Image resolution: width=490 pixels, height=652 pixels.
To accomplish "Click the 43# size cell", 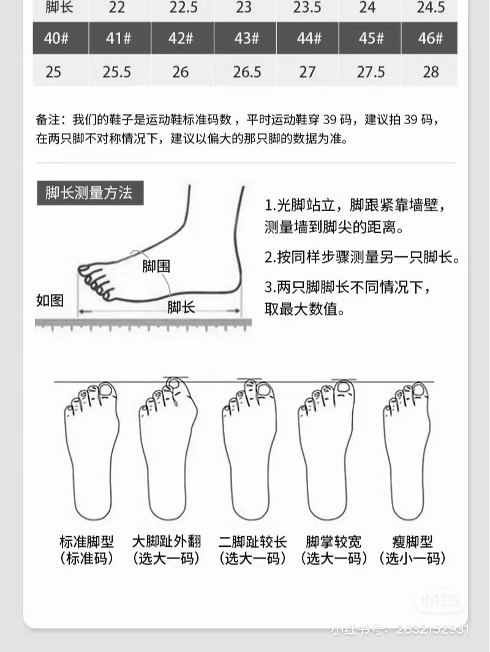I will click(246, 38).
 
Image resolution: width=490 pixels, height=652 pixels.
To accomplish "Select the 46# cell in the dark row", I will click(431, 38).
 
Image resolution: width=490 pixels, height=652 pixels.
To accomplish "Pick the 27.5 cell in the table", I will click(371, 72).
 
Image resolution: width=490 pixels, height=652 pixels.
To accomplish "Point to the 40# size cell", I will click(56, 38).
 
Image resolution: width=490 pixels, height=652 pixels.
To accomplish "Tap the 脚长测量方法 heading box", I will click(89, 193).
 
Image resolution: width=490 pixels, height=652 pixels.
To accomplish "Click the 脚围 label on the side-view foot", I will click(156, 266).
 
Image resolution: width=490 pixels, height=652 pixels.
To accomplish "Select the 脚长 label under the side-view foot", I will click(181, 307).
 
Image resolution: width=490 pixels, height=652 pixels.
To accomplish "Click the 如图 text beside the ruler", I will click(50, 300).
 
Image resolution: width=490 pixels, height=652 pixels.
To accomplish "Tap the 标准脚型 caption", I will click(87, 542).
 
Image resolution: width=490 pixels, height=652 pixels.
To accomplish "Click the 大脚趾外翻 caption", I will click(166, 542).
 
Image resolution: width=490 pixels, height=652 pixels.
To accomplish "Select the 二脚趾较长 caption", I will click(252, 542).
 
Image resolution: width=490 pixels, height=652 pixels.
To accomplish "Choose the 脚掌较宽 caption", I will click(334, 542).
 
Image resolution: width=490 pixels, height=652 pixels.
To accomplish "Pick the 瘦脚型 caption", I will click(412, 542).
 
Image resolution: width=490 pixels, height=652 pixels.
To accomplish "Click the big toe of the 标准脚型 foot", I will click(105, 390).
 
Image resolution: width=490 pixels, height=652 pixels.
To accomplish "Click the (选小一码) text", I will click(412, 558).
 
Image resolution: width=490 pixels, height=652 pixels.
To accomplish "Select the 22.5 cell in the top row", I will click(183, 7).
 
